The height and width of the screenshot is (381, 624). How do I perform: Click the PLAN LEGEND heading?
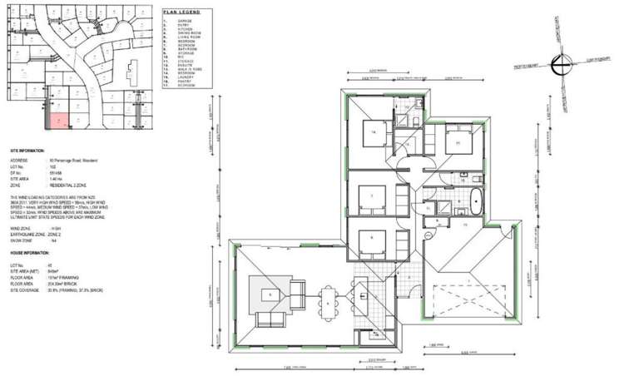tap(183, 12)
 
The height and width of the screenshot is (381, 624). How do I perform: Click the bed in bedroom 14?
tap(370, 133)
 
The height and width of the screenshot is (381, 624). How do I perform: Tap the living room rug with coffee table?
tap(272, 294)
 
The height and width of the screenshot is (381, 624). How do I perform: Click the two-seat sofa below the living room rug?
tap(270, 320)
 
